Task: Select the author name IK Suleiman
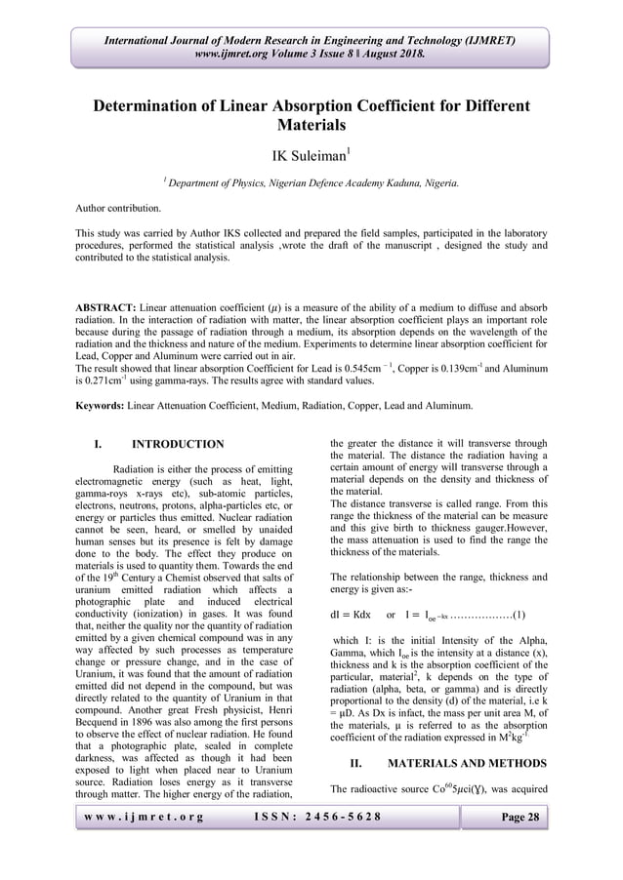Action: click(308, 153)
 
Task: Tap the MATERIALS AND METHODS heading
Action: click(460, 761)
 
